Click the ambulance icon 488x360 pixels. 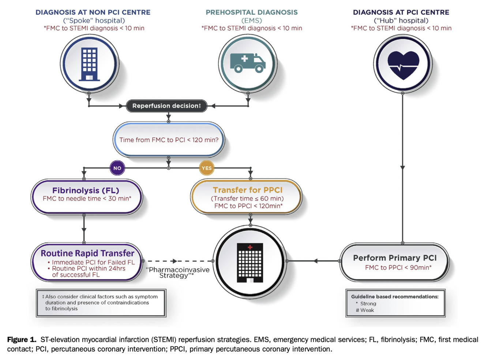point(248,63)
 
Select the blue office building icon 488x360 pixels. point(89,64)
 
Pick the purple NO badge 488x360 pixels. point(117,168)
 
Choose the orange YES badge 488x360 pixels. point(207,168)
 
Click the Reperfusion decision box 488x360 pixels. point(166,106)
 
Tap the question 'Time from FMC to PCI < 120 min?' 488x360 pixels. point(169,140)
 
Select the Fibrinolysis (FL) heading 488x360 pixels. point(86,190)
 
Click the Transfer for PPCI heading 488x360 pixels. point(248,190)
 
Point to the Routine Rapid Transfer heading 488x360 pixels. point(87,253)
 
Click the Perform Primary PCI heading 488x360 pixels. point(395,258)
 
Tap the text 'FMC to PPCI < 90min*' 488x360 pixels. point(398,267)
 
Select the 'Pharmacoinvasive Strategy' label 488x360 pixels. point(177,273)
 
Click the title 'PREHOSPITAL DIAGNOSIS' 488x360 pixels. point(252,12)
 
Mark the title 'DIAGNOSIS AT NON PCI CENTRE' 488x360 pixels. point(93,12)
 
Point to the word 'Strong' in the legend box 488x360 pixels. point(368,304)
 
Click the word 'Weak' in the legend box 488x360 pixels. point(367,310)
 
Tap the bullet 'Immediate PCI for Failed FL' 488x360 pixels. point(93,262)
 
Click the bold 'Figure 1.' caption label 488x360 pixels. point(22,340)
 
